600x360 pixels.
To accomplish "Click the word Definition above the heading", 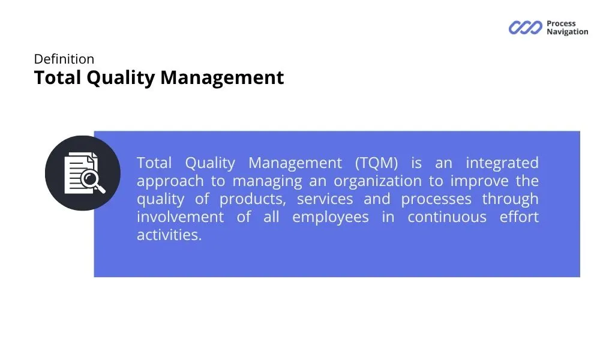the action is (x=64, y=59).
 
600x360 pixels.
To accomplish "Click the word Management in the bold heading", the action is (x=222, y=77).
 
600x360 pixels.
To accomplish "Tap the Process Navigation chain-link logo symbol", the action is (x=526, y=28).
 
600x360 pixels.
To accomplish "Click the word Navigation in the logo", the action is (x=568, y=32).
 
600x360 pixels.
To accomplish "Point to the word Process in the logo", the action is (x=561, y=23).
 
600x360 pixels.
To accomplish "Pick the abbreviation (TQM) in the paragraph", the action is (x=377, y=163).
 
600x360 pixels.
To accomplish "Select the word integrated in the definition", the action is (x=502, y=163).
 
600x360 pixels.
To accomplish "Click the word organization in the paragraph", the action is (x=377, y=181).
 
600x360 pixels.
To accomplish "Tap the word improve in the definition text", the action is (x=479, y=181).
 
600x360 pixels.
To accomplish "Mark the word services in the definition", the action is (x=325, y=199).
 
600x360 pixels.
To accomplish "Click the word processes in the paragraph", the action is (x=436, y=199).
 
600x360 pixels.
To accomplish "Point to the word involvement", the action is (x=180, y=217).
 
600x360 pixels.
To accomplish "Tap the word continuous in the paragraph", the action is (x=447, y=217).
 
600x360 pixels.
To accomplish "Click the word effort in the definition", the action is (x=519, y=217).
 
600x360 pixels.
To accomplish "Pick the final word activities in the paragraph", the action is (x=169, y=235).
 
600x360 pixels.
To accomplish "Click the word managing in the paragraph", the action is (x=268, y=181).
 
